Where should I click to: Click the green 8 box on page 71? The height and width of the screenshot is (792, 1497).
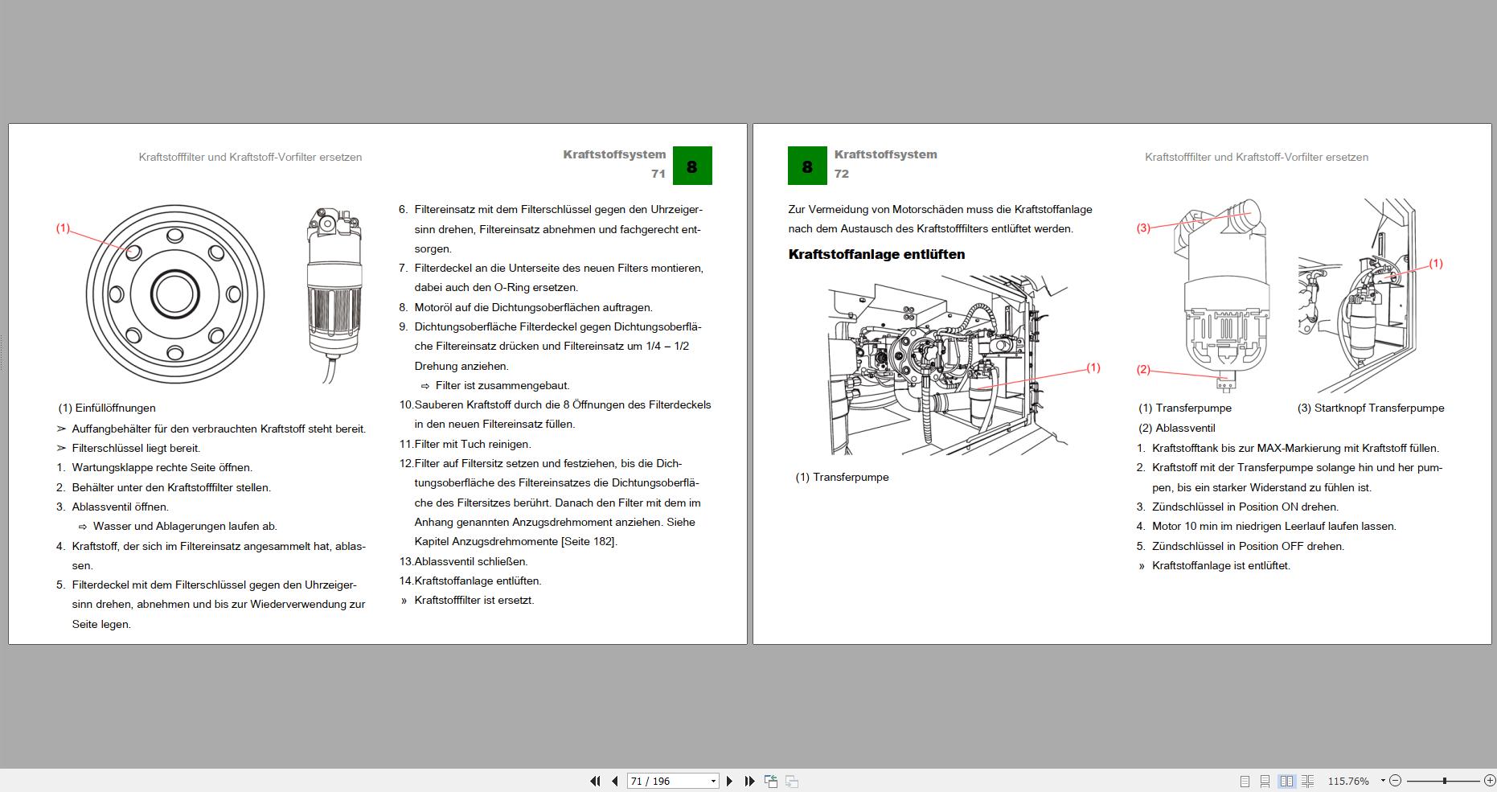tap(692, 166)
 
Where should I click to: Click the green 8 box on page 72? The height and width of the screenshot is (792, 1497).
tap(807, 166)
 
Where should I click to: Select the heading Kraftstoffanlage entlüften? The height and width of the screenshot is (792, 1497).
tap(876, 254)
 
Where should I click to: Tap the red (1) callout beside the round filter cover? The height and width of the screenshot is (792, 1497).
tap(63, 228)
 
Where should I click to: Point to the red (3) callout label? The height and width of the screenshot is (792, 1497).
tap(1143, 228)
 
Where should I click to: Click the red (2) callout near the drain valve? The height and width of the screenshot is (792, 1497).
tap(1143, 370)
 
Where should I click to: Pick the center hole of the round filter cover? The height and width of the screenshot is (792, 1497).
tap(174, 293)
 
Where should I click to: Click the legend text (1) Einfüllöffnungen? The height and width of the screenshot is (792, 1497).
tap(107, 408)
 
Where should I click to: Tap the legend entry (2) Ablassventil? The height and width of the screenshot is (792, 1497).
tap(1177, 429)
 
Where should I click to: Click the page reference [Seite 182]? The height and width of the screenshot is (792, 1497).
tap(589, 542)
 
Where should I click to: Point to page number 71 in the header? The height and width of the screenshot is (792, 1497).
tap(658, 174)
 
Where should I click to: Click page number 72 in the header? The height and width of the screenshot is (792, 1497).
tap(842, 174)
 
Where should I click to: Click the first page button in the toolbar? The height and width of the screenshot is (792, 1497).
tap(595, 781)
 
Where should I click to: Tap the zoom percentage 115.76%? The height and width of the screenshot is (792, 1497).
tap(1348, 781)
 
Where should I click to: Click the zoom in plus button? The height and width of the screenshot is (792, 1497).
tap(1489, 781)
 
